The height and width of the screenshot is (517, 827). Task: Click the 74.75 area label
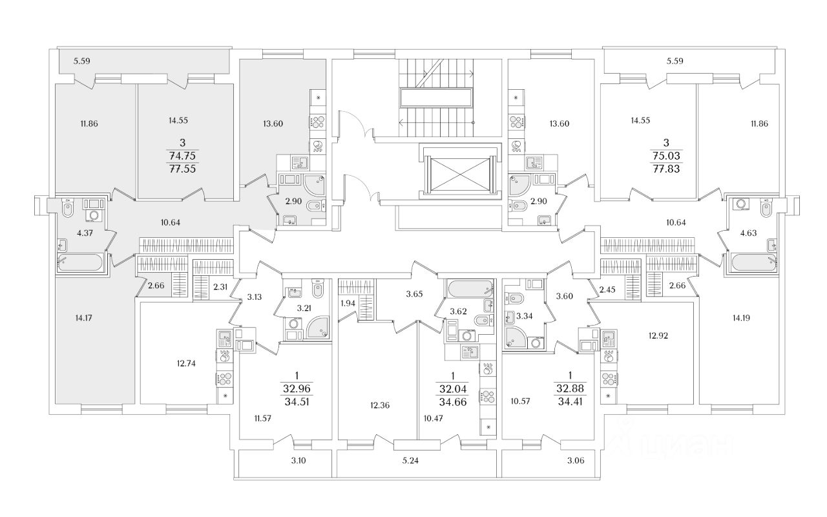[182, 156]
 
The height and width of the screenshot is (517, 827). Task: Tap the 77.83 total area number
[666, 169]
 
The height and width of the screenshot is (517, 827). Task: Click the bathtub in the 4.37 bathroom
[79, 262]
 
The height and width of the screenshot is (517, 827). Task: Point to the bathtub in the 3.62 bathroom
[470, 289]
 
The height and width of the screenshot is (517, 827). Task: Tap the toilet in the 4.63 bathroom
[766, 208]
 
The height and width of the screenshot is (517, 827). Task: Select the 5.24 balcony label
[410, 461]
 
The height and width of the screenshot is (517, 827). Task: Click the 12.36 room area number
[379, 405]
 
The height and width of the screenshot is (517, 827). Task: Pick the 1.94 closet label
[348, 304]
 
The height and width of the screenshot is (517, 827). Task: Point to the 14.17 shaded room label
[83, 317]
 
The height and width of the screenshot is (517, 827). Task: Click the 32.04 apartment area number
[453, 389]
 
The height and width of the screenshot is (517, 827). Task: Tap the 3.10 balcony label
[298, 461]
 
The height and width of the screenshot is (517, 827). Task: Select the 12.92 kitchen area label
[658, 335]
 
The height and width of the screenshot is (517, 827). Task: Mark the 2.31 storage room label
[220, 286]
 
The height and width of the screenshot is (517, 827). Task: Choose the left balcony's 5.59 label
[81, 61]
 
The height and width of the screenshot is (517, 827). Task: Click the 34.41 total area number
[570, 401]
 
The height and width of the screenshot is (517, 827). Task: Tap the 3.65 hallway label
[414, 294]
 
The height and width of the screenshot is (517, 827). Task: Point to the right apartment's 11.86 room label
[759, 123]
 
